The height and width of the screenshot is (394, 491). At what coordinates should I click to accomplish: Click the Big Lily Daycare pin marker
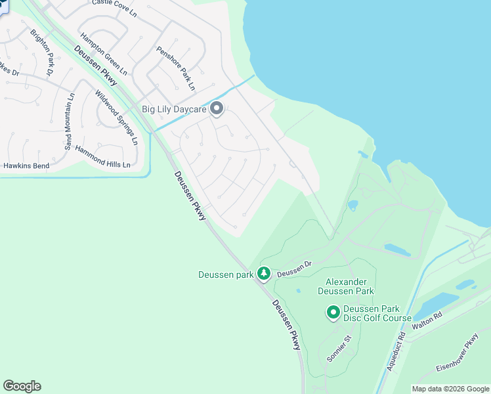tap(217, 110)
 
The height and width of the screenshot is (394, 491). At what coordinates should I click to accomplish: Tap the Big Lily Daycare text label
tap(174, 110)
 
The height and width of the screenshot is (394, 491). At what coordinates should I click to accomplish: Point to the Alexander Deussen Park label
tap(345, 286)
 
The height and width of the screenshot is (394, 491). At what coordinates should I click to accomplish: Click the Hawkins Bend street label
tap(26, 166)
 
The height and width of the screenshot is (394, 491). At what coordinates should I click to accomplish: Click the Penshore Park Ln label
tap(175, 68)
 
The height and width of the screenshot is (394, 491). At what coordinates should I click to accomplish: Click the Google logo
tap(22, 386)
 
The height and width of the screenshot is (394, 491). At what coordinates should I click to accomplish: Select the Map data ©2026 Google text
tap(450, 389)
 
